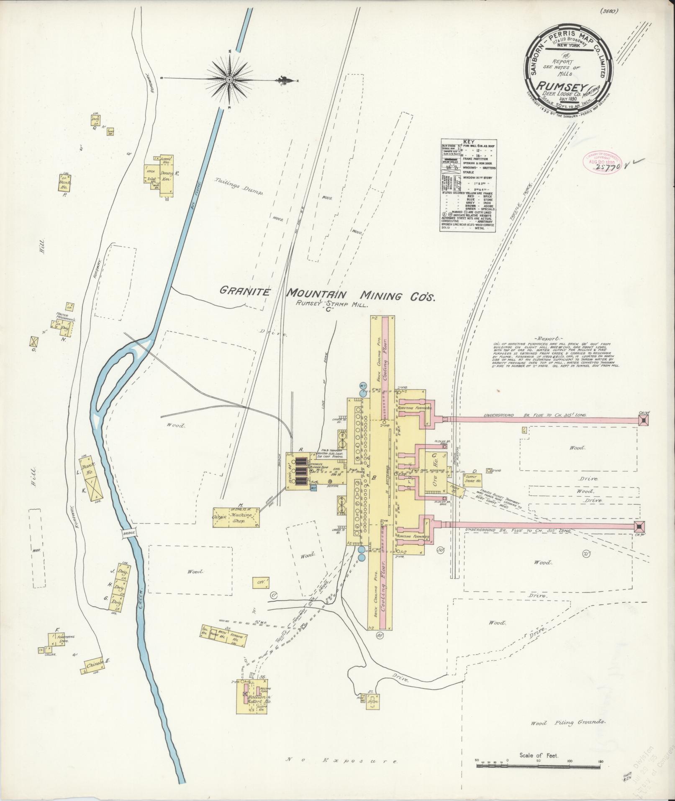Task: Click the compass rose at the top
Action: (x=230, y=80)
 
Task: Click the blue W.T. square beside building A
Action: (x=313, y=488)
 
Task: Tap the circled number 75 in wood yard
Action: (x=586, y=554)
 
